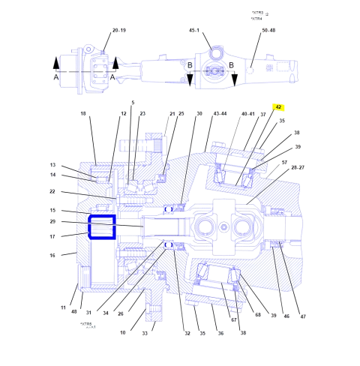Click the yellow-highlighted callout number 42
pyautogui.click(x=278, y=107)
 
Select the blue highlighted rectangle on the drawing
pyautogui.click(x=101, y=226)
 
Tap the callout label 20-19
pyautogui.click(x=119, y=31)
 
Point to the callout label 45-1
pyautogui.click(x=194, y=31)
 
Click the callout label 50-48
pyautogui.click(x=268, y=31)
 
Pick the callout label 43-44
pyautogui.click(x=220, y=114)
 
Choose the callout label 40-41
pyautogui.click(x=248, y=114)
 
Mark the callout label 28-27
pyautogui.click(x=298, y=169)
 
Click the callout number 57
pyautogui.click(x=284, y=162)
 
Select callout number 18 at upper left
pyautogui.click(x=83, y=114)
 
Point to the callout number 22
pyautogui.click(x=53, y=191)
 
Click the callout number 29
pyautogui.click(x=53, y=222)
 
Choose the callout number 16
pyautogui.click(x=53, y=255)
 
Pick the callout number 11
pyautogui.click(x=64, y=307)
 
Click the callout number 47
pyautogui.click(x=304, y=317)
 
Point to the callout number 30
pyautogui.click(x=199, y=114)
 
